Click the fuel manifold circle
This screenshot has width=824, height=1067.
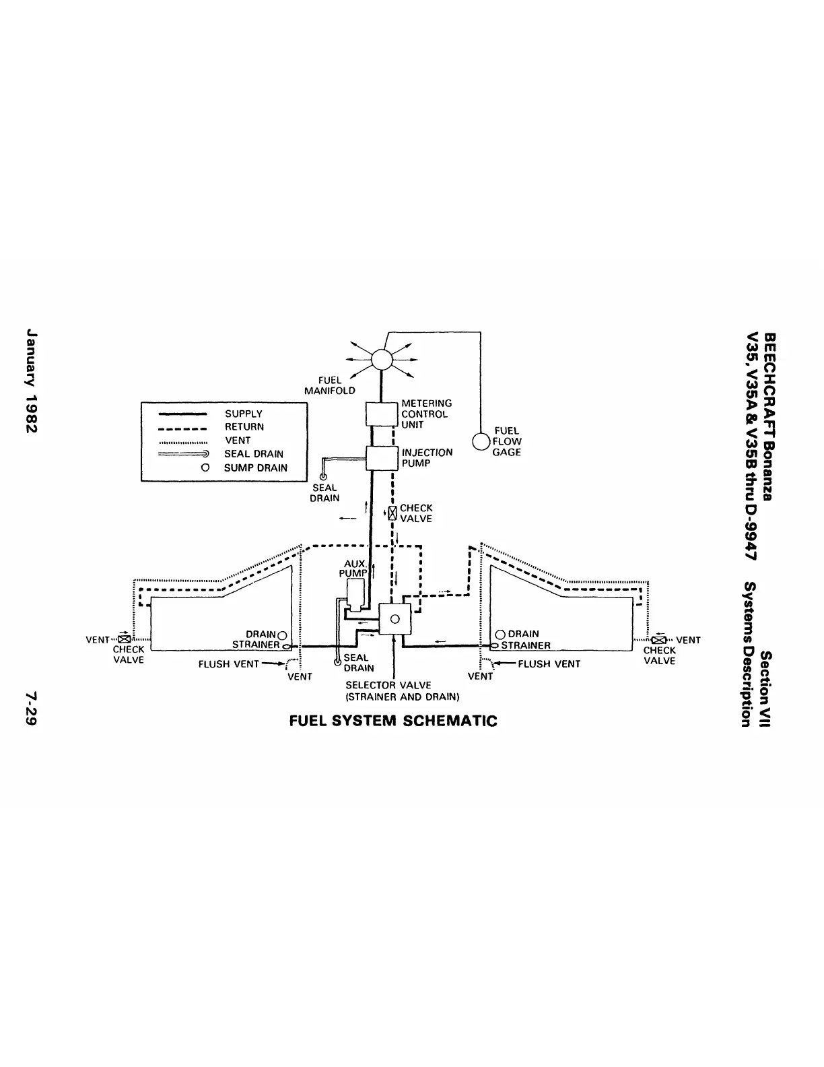coord(382,359)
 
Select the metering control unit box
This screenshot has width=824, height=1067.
coord(382,414)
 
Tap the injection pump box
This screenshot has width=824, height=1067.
coord(382,458)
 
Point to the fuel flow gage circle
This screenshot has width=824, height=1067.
coord(481,441)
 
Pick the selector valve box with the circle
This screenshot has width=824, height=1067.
coord(395,618)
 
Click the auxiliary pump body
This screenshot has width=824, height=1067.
coord(354,593)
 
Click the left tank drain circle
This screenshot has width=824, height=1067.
coord(282,635)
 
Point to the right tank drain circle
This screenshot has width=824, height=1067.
coord(500,635)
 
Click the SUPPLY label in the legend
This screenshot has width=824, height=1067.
coord(244,414)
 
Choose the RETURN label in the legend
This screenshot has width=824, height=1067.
coord(244,426)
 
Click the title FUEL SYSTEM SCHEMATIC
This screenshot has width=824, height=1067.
coord(393,721)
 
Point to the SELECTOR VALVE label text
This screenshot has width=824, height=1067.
coord(388,685)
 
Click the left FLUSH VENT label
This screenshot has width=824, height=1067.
coord(229,664)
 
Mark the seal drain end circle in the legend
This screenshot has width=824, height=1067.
coord(207,454)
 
